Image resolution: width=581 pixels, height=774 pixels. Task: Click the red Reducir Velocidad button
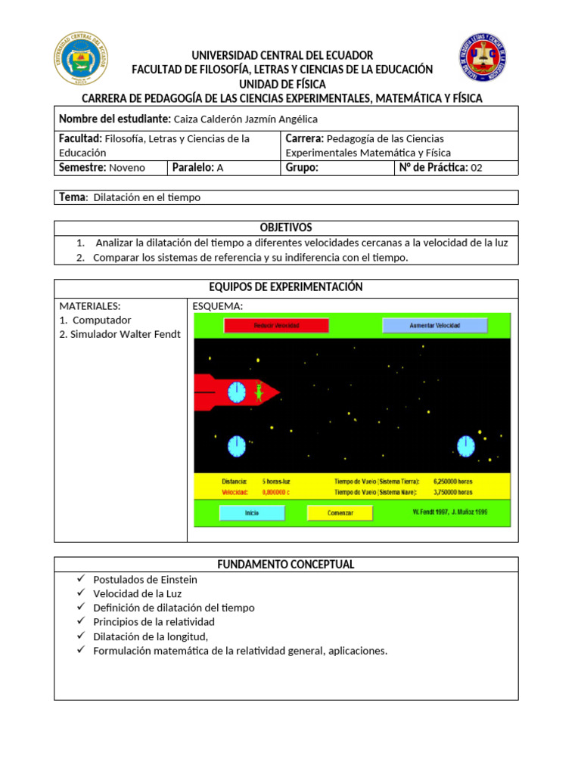click(x=276, y=325)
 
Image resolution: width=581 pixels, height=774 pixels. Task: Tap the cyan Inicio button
click(x=252, y=512)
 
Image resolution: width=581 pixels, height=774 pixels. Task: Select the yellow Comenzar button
click(x=340, y=512)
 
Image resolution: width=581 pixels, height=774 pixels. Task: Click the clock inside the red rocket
click(x=237, y=392)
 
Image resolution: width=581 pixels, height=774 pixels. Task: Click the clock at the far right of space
click(x=465, y=446)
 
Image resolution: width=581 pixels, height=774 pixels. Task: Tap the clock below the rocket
click(x=237, y=445)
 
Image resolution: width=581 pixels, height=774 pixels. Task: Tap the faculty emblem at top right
click(x=483, y=58)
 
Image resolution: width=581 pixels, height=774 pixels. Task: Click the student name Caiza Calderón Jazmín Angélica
click(x=246, y=119)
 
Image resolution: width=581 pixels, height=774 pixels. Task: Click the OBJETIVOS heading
click(x=286, y=228)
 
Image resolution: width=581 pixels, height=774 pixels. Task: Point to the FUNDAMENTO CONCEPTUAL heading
click(x=286, y=565)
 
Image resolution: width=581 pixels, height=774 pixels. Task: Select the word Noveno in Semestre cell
click(x=126, y=168)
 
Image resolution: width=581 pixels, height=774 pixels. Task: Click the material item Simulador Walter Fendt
click(x=120, y=334)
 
